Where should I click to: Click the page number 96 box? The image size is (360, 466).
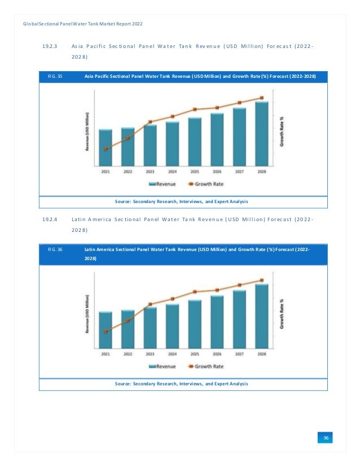pyautogui.click(x=326, y=438)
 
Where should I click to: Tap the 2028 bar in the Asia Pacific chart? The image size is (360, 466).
pyautogui.click(x=261, y=133)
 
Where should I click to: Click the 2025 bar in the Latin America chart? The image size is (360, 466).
pyautogui.click(x=195, y=323)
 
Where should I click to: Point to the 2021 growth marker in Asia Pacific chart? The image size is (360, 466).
pyautogui.click(x=106, y=149)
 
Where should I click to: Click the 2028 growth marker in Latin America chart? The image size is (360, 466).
pyautogui.click(x=261, y=280)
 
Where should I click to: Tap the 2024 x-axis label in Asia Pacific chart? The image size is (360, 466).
pyautogui.click(x=172, y=171)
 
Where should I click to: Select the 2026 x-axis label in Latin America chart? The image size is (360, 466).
pyautogui.click(x=217, y=354)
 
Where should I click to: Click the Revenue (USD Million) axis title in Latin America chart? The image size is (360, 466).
pyautogui.click(x=87, y=314)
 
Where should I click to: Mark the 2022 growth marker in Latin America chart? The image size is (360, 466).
pyautogui.click(x=128, y=320)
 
